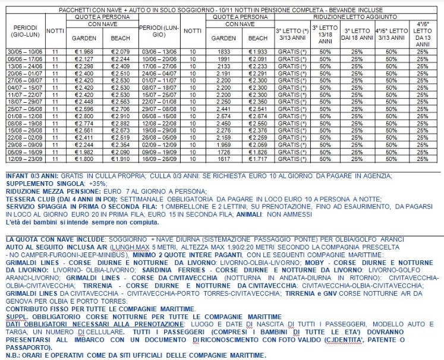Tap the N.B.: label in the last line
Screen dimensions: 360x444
[x=11, y=355]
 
